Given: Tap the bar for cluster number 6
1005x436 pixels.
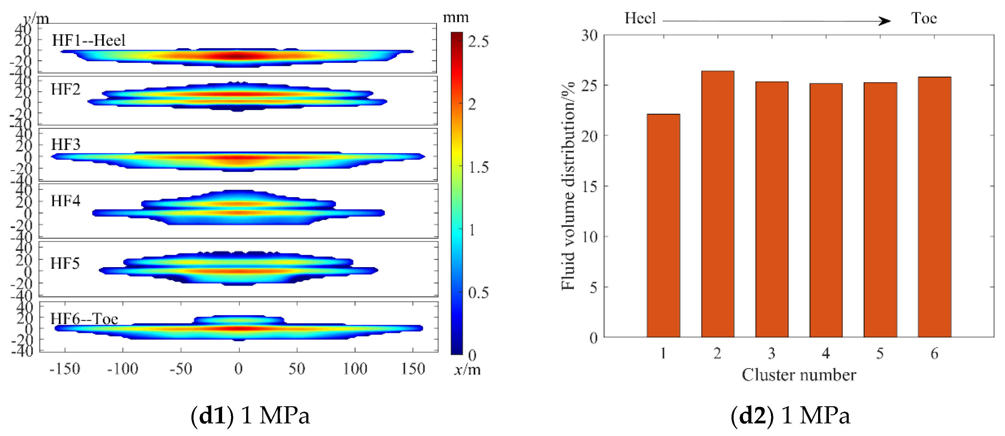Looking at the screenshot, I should (x=934, y=207).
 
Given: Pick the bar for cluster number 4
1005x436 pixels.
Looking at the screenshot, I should (x=826, y=210).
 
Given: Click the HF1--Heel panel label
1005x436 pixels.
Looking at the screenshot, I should (x=89, y=41).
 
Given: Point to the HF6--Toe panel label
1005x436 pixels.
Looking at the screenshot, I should (x=84, y=319).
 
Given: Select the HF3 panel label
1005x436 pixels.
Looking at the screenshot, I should (x=66, y=145).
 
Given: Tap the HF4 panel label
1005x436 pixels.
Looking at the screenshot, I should (x=66, y=201).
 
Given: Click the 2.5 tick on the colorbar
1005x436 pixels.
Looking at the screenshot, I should (x=478, y=42).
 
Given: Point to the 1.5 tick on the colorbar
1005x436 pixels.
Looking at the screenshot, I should (x=478, y=167).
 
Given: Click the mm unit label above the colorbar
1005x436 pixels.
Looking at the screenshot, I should (x=456, y=17).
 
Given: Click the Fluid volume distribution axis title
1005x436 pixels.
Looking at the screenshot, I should (x=568, y=186).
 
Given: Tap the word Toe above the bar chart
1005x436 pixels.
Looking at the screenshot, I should (x=924, y=18).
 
